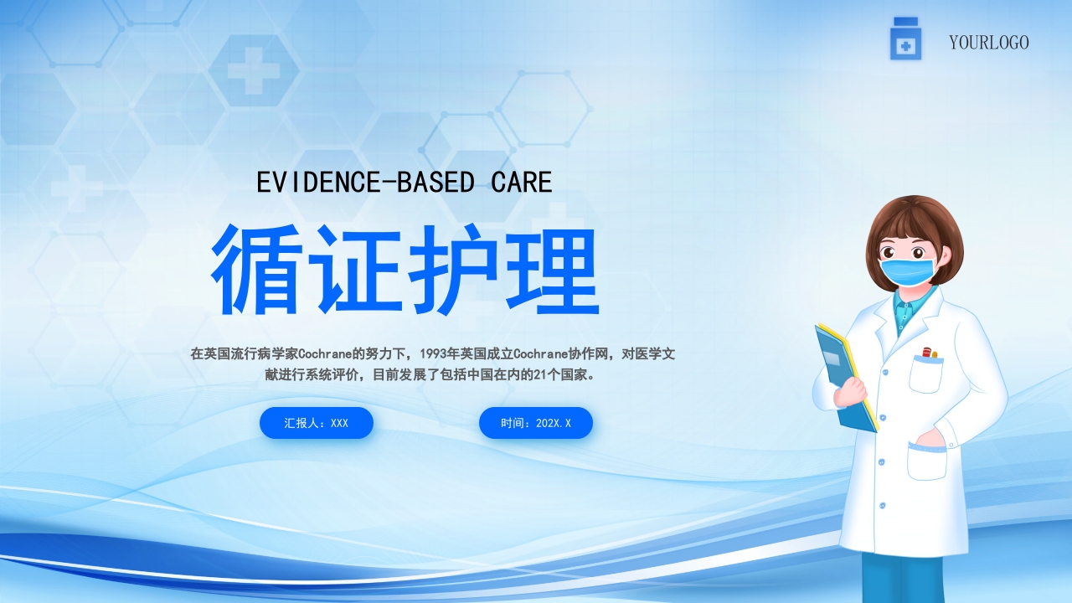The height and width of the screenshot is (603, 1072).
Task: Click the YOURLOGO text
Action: [x=988, y=42]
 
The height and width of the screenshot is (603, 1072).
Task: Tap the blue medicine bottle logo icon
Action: [x=905, y=39]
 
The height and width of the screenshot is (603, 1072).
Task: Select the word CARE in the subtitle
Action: [x=522, y=182]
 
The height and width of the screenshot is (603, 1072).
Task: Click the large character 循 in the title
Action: [x=257, y=270]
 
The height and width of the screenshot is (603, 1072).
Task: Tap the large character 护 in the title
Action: [x=454, y=270]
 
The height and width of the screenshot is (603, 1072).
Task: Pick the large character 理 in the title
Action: [x=552, y=270]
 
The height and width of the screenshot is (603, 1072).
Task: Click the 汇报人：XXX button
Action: [x=316, y=423]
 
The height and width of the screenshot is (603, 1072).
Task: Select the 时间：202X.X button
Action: [x=536, y=423]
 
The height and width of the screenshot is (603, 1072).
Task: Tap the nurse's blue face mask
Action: [x=906, y=271]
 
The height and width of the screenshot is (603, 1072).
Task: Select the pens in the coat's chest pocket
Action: [x=929, y=353]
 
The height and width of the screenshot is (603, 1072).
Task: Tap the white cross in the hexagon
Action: [x=253, y=70]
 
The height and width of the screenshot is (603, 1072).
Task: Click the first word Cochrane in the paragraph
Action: [x=325, y=354]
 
